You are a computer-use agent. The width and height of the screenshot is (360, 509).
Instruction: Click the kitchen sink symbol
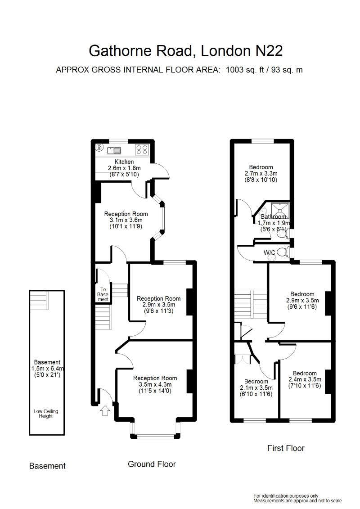tap(114, 150)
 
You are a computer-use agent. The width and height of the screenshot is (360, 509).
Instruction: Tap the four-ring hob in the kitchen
tap(142, 149)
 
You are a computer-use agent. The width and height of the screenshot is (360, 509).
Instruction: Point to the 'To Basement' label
tap(103, 294)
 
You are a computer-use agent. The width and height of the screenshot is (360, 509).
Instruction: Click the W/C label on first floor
tap(270, 252)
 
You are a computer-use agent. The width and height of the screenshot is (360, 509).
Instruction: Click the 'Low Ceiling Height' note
tap(46, 414)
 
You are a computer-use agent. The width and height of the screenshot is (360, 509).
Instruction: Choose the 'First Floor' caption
tap(286, 448)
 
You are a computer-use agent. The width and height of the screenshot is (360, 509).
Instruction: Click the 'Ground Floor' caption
tap(152, 464)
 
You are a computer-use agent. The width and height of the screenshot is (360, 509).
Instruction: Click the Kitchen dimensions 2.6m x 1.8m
tap(124, 168)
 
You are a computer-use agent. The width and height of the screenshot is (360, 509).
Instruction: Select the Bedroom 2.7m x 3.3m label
tap(261, 173)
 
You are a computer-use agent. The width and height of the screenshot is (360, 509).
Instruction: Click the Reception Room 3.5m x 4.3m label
tap(155, 384)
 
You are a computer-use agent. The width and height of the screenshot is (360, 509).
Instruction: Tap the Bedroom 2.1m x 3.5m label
tap(256, 387)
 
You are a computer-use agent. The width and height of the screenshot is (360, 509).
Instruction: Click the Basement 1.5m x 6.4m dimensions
tap(47, 369)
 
